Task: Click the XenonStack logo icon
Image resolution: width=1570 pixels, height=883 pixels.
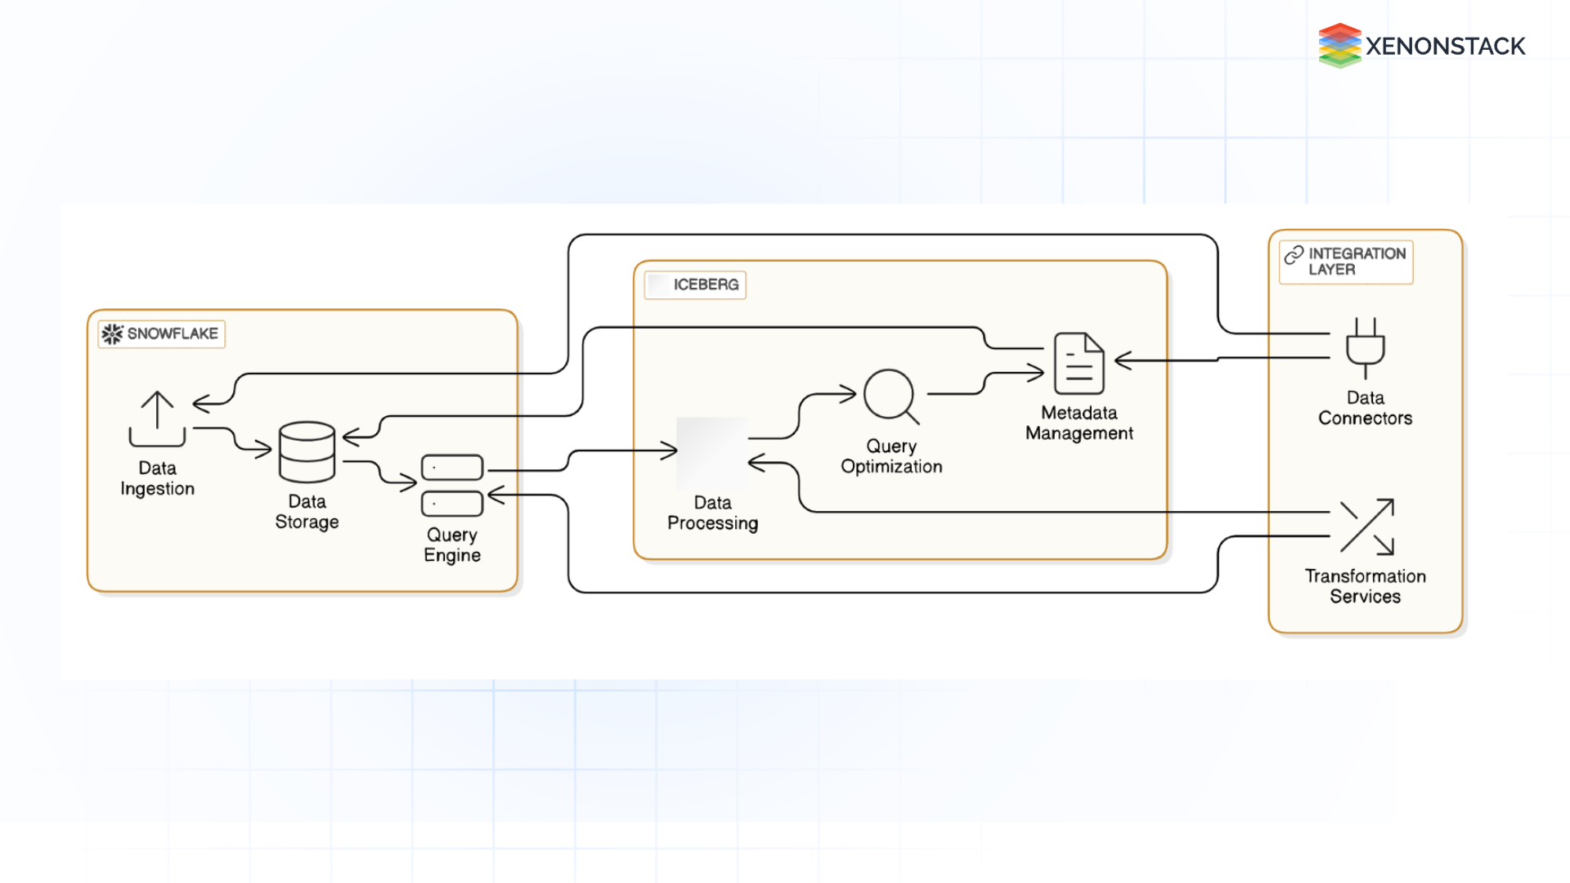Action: pos(1339,46)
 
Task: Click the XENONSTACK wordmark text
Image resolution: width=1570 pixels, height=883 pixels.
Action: pos(1445,47)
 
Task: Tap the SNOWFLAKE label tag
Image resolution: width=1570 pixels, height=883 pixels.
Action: pos(162,334)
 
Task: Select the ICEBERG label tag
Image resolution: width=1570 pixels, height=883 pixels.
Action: pos(695,285)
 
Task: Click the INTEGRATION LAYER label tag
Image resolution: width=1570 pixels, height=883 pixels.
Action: pos(1346,262)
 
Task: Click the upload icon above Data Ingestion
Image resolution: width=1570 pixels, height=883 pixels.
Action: pos(157,419)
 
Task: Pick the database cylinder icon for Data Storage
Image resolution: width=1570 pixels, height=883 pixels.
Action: pos(307,451)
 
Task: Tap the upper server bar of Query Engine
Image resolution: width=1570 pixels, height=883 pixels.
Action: pos(452,467)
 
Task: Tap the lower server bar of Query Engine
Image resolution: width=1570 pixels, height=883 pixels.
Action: pos(452,504)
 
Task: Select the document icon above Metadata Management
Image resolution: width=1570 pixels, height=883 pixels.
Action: pos(1079,363)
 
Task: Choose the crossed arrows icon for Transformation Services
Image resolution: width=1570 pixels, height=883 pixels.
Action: pos(1366,527)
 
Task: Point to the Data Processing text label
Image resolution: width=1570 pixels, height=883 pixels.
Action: pos(712,513)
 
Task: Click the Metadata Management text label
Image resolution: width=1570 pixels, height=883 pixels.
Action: pos(1079,423)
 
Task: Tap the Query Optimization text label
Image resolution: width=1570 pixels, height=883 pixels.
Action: pos(891,456)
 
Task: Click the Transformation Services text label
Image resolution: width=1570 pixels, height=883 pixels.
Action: pos(1365,586)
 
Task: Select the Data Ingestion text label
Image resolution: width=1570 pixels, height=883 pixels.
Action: pos(157,478)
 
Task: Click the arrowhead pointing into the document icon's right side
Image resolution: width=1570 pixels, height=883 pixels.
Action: pos(1123,360)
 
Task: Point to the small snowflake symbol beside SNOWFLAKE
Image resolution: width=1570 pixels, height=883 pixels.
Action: pos(112,334)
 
